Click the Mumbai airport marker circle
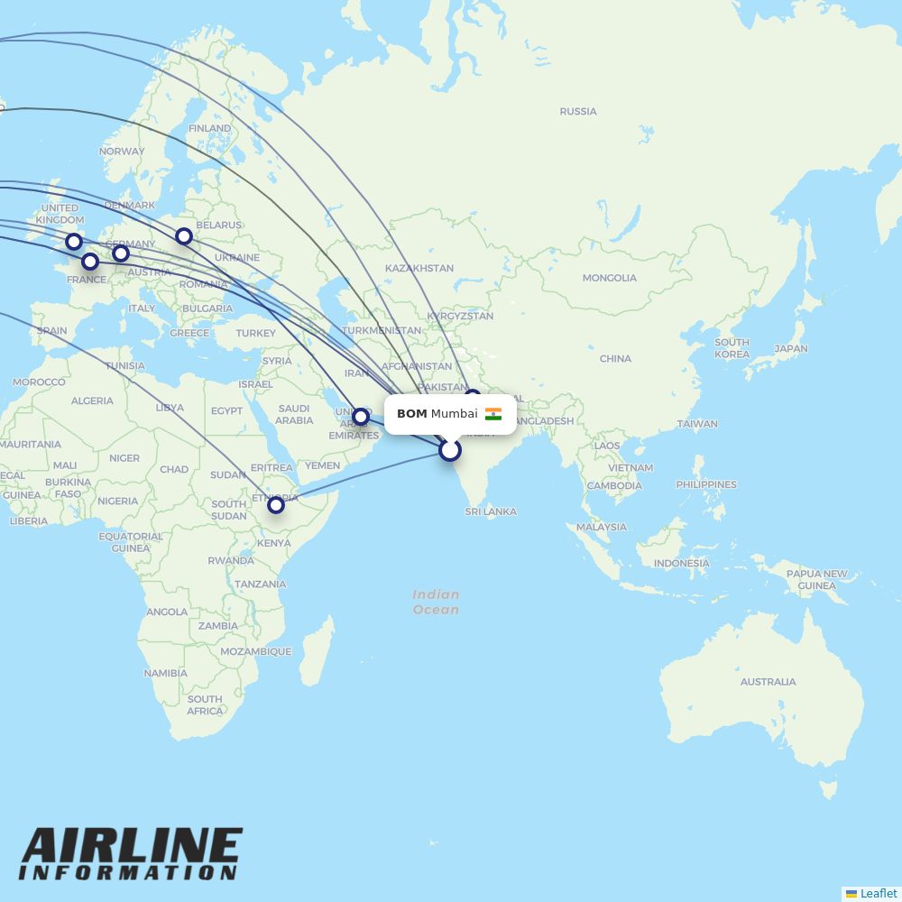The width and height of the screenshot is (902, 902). pos(450,449)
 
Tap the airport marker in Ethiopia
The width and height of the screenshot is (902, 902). pos(276,505)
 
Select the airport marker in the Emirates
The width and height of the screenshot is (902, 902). pos(361,417)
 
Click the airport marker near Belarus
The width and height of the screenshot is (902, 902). pos(184,236)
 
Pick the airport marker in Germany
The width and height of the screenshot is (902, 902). pos(121,253)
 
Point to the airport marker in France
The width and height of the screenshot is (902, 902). pos(90,262)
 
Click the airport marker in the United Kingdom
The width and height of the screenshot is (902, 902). pos(74,242)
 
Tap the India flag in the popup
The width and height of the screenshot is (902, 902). pos(493,414)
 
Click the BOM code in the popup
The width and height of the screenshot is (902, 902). pos(411,414)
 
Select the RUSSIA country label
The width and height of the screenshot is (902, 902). pos(578,112)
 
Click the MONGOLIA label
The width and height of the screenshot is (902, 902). pos(609,278)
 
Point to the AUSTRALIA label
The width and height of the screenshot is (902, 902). pos(768,682)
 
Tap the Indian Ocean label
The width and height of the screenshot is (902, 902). pos(436,602)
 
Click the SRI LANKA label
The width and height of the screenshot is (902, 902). pos(491,511)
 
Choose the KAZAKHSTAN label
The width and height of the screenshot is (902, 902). pos(419,269)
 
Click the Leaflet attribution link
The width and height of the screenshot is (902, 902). pos(878,893)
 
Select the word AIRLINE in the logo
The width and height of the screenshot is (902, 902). pos(132,847)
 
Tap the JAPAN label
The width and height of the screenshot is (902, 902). pos(790,348)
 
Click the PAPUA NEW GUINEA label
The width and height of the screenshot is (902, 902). pos(816,579)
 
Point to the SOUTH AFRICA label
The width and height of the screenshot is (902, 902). pos(205,704)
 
